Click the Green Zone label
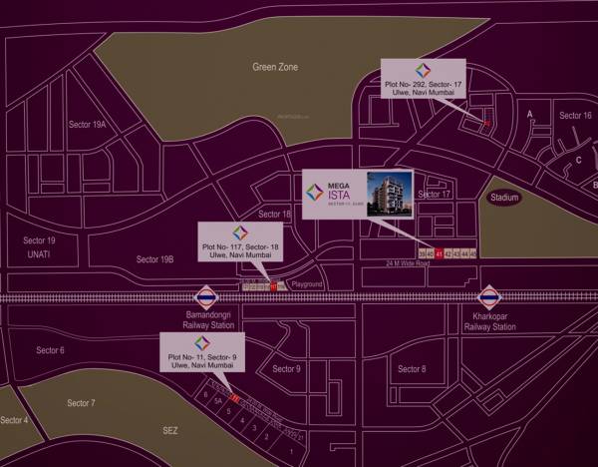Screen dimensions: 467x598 coord(274,67)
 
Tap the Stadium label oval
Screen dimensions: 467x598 coord(504,198)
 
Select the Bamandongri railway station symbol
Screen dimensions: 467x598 coord(206,297)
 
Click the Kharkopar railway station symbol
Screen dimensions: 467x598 coord(489,297)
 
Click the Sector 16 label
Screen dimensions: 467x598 coord(575,116)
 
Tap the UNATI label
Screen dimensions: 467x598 coord(39,255)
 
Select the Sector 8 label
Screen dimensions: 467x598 coord(411,369)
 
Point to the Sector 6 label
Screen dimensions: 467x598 coord(50,350)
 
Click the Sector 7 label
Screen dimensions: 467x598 coord(81,403)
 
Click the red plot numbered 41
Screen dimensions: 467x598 coord(439,253)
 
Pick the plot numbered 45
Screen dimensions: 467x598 coord(473,253)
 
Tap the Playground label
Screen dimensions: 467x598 coord(307,284)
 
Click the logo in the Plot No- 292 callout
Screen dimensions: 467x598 coord(421,72)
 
